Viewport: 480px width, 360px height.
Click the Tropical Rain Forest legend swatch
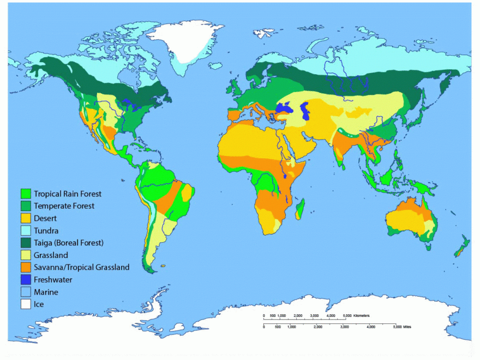(26, 194)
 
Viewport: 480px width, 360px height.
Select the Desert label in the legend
(45, 218)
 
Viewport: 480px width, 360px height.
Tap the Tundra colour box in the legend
(26, 231)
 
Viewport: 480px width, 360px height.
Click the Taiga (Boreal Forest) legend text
(68, 243)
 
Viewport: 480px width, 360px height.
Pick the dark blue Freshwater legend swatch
(26, 280)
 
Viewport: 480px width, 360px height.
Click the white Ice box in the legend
(26, 304)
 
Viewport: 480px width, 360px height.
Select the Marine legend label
(46, 292)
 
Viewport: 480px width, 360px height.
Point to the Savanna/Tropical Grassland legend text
(81, 267)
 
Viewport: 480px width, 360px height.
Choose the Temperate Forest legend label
(64, 206)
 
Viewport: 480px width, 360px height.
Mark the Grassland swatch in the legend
(26, 255)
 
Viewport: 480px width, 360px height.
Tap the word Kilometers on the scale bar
(361, 316)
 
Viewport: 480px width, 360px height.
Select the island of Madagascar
(299, 209)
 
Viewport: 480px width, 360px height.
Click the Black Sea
(284, 108)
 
